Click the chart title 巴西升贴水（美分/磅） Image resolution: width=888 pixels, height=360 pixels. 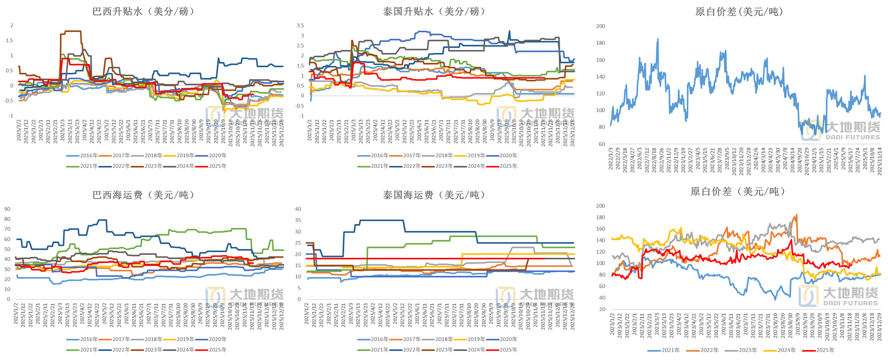coord(143,11)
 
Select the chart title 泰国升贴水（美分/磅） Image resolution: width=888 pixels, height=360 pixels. coord(434,11)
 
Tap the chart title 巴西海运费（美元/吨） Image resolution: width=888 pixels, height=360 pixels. coord(143,195)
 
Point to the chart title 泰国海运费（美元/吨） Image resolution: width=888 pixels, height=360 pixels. coord(434,195)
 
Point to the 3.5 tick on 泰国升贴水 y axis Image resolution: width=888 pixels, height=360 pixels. coord(301,25)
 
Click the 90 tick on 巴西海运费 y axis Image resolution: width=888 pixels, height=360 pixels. coord(7,209)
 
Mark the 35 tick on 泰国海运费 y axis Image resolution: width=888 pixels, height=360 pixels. coord(298,220)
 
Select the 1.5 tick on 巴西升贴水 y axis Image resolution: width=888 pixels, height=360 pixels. coord(9,41)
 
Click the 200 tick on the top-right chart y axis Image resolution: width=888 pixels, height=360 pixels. coord(601,26)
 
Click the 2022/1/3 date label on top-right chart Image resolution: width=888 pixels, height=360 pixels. coord(611,158)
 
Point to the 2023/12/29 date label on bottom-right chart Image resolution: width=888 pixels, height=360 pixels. coord(879,325)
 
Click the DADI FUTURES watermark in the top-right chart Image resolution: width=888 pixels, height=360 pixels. coord(853,137)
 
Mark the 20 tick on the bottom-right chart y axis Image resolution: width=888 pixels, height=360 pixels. coord(602,309)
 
